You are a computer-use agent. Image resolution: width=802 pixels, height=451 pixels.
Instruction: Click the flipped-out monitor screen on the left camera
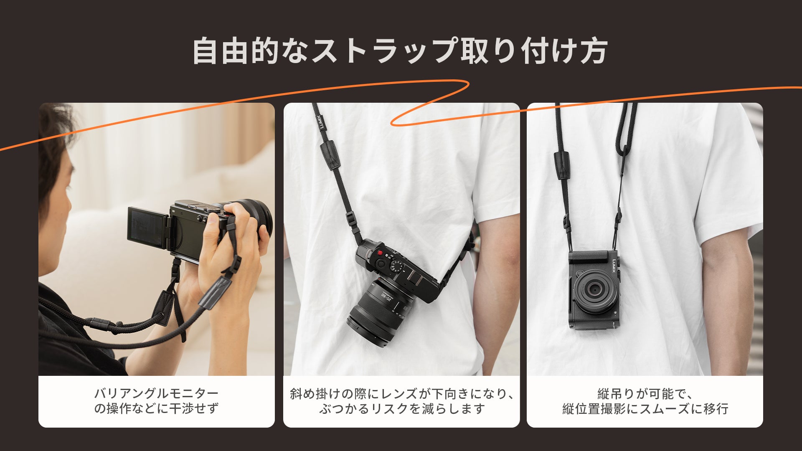(147, 228)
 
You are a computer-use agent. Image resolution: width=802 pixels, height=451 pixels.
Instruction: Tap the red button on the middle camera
(380, 253)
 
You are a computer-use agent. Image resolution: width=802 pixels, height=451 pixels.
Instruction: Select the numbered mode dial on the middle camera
(397, 266)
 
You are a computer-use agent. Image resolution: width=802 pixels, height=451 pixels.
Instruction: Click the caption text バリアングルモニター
(156, 393)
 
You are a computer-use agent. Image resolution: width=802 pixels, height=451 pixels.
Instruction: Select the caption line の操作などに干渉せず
(156, 408)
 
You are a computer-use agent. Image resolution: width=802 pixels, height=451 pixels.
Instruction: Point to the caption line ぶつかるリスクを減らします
(401, 408)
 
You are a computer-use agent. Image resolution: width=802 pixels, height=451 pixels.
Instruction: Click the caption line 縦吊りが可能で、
(645, 393)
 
